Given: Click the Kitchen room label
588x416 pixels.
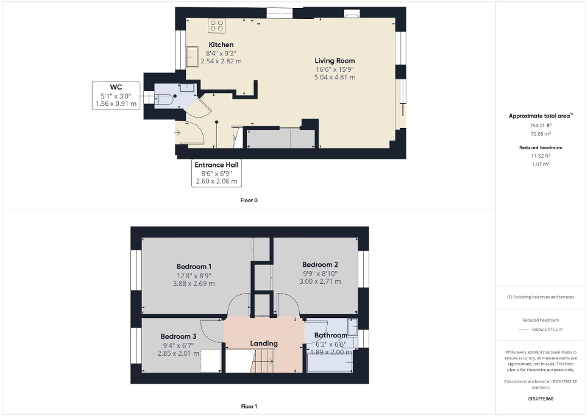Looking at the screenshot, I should pyautogui.click(x=221, y=44).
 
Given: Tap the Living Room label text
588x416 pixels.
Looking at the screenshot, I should pyautogui.click(x=335, y=60).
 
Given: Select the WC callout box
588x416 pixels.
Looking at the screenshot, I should pyautogui.click(x=116, y=96).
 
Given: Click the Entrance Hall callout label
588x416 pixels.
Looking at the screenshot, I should pyautogui.click(x=216, y=173).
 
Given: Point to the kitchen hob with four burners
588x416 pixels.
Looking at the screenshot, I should pyautogui.click(x=217, y=25).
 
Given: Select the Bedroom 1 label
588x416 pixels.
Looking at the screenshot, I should pyautogui.click(x=194, y=266).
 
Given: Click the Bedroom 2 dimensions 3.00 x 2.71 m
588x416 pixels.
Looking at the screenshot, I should pyautogui.click(x=320, y=281).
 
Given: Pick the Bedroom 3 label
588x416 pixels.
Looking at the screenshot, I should pyautogui.click(x=179, y=336).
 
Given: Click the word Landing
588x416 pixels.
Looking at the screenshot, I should pyautogui.click(x=264, y=344).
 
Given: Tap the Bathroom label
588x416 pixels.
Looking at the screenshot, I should pyautogui.click(x=330, y=335).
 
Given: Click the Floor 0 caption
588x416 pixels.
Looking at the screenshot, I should pyautogui.click(x=249, y=200).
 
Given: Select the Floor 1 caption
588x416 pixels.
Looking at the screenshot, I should pyautogui.click(x=249, y=406).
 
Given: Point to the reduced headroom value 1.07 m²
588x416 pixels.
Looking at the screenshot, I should pyautogui.click(x=542, y=164).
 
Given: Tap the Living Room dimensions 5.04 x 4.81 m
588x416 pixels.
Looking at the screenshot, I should pyautogui.click(x=335, y=77).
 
